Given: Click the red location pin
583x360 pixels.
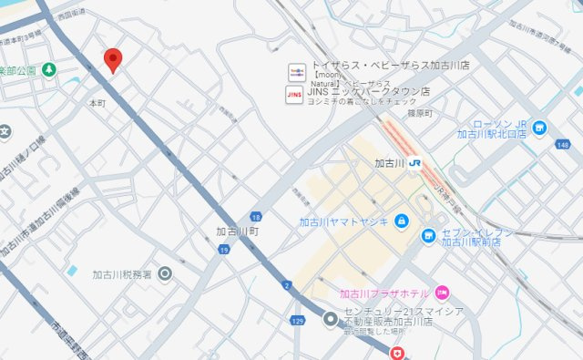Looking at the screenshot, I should (113, 59).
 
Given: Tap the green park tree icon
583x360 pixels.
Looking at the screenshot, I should (48, 70).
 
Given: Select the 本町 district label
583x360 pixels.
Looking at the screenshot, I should (97, 103).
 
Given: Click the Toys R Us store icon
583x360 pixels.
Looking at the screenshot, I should (295, 71).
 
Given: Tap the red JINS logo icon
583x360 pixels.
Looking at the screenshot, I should (295, 92).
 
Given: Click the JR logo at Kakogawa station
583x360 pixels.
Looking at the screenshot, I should (414, 164).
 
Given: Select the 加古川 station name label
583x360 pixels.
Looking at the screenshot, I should (389, 164).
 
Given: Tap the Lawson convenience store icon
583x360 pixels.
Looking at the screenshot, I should (540, 128).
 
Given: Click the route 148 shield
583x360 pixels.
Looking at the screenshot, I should (562, 144).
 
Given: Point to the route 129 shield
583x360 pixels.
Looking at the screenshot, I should (297, 321).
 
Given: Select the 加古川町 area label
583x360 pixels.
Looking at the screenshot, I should (238, 231).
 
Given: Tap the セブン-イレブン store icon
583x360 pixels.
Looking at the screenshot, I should (428, 236).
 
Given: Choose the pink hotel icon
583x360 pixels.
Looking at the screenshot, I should (442, 293).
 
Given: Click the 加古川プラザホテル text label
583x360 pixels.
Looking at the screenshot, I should (384, 293).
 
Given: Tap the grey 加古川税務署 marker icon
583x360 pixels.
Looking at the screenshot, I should (165, 273).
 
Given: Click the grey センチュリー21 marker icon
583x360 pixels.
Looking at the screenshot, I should (331, 317).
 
